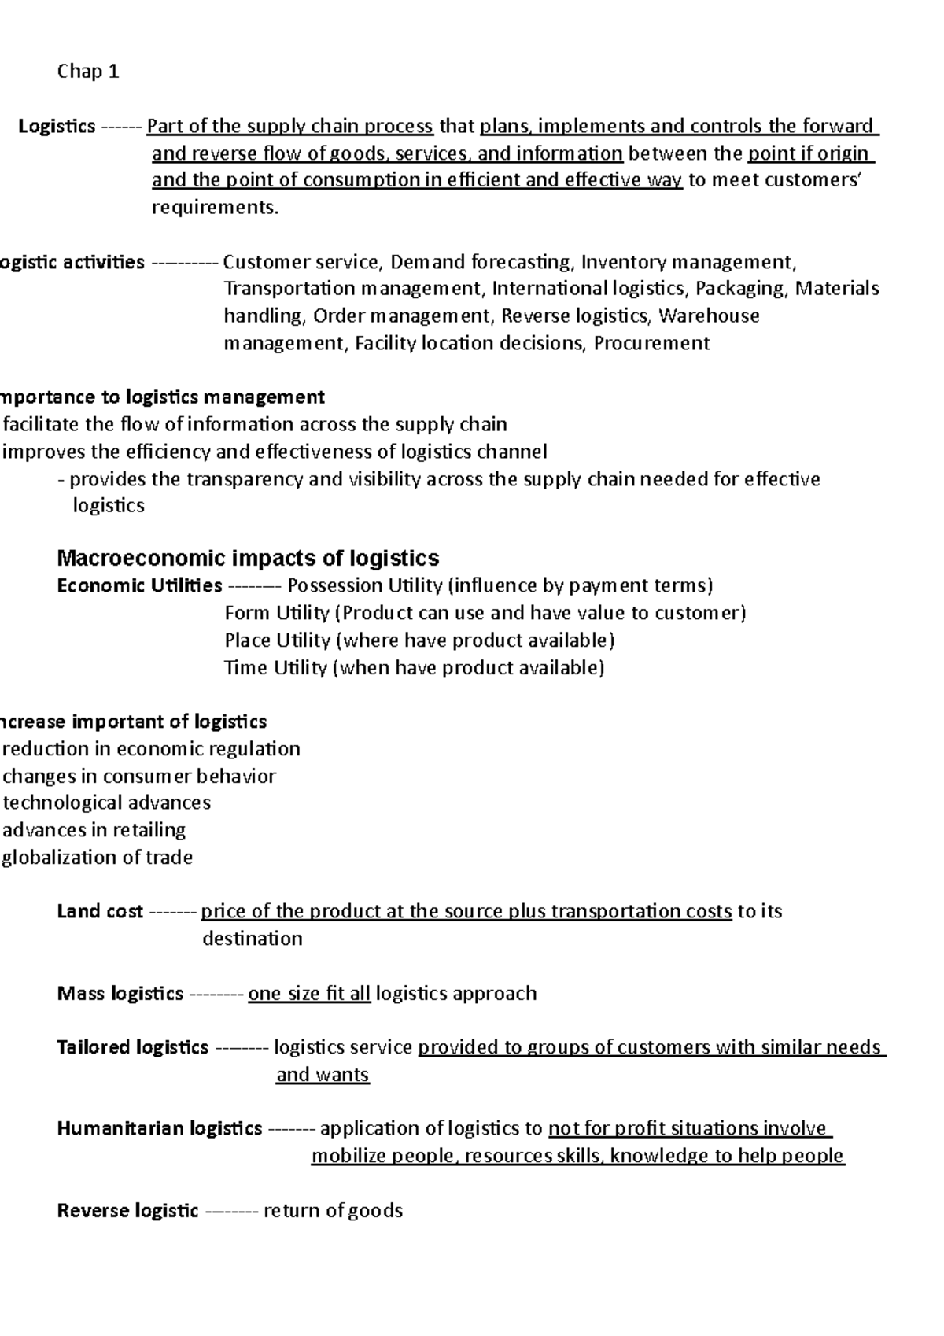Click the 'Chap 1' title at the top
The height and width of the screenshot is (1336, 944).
[x=88, y=72]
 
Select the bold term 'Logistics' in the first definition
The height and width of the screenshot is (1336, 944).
[x=57, y=127]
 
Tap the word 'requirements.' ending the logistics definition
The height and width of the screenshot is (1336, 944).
[x=215, y=208]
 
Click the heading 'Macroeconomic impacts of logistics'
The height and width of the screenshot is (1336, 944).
[x=248, y=558]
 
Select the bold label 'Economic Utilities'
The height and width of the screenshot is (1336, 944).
[x=139, y=585]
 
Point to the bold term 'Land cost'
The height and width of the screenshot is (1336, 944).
[x=100, y=911]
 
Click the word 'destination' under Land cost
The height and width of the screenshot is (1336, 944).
[x=252, y=939]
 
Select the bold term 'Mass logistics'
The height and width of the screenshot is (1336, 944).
[x=120, y=993]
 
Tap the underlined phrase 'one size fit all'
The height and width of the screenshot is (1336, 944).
[x=309, y=993]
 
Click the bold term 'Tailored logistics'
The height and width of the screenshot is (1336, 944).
[x=132, y=1047]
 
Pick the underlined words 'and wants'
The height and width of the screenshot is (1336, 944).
[x=323, y=1075]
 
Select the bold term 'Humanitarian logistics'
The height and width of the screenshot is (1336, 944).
[x=159, y=1128]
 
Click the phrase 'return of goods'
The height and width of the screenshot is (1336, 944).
[x=333, y=1210]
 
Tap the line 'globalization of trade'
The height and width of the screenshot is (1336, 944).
[x=98, y=857]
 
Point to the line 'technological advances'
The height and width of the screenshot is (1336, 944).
[x=107, y=803]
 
